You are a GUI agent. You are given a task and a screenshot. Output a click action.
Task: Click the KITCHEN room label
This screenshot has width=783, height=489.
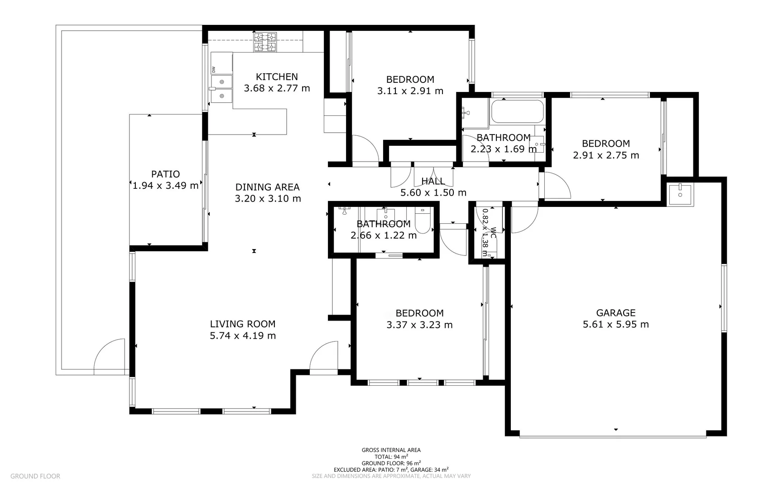point(277,77)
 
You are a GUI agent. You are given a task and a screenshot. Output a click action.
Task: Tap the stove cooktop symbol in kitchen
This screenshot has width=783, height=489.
point(265,42)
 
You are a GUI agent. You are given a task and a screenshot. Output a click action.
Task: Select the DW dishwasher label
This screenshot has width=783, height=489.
point(214,69)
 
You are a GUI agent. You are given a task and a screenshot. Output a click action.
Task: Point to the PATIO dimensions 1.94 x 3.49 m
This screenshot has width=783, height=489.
point(165,186)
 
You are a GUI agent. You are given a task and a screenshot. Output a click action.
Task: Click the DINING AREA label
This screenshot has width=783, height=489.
point(267,187)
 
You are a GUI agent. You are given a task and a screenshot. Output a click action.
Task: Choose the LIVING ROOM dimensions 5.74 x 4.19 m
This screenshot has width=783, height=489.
point(243,336)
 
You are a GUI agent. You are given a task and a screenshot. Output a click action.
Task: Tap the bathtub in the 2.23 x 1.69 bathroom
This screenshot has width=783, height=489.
point(517,111)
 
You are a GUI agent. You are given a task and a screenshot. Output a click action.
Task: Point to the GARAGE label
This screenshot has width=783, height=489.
point(615,313)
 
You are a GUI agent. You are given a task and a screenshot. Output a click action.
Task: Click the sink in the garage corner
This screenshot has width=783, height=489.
point(680,194)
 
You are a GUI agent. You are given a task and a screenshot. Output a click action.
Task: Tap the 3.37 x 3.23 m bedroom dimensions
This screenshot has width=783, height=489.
point(419,325)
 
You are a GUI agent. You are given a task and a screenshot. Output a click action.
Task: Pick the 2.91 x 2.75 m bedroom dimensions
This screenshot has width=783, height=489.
point(606,155)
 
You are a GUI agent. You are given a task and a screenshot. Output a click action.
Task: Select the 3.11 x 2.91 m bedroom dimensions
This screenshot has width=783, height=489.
point(410,91)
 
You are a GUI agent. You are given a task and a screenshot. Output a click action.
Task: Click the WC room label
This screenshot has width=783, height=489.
point(493,233)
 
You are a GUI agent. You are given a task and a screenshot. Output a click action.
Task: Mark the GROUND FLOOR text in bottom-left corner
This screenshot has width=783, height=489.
point(35,476)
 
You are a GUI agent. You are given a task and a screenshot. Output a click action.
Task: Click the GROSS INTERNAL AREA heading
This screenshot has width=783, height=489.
point(391,450)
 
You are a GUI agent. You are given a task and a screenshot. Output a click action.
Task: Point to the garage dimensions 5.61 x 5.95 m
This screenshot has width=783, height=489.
point(615,325)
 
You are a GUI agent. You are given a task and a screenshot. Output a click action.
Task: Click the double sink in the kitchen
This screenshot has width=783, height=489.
point(222,89)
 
